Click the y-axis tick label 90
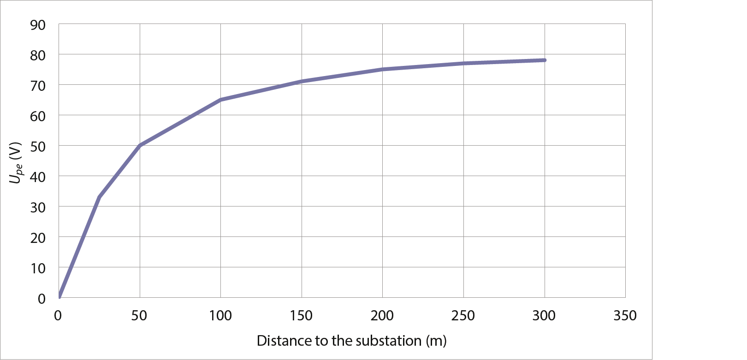38,25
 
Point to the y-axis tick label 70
38,86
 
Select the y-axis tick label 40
38,177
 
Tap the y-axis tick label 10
38,268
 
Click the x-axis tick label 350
625,316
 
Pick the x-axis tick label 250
463,316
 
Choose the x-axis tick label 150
301,316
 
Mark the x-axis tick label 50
139,316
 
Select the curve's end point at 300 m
545,60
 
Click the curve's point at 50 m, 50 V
140,145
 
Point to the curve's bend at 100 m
221,100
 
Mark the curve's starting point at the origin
59,297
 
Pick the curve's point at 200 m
383,69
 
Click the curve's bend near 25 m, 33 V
99,197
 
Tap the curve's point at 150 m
302,82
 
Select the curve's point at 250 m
463,63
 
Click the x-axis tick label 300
544,316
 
